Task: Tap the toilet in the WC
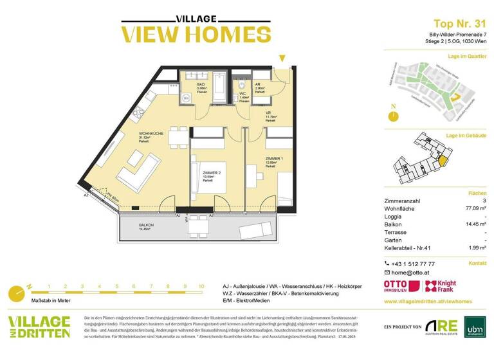tap(242, 85)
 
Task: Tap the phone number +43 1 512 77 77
tap(413, 264)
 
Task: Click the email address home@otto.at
tap(411, 273)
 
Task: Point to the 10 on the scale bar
tap(201, 287)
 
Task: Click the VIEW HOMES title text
tap(187, 34)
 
